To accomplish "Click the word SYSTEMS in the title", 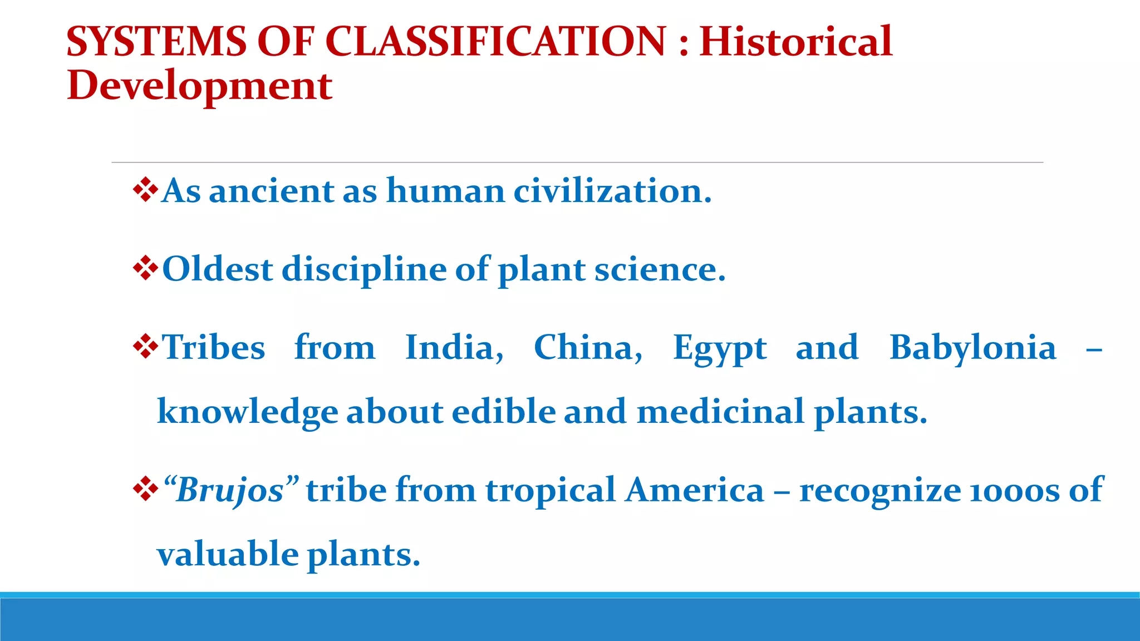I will point(156,42).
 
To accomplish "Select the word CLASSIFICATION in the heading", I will point(495,42).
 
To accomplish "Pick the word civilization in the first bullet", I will point(612,191).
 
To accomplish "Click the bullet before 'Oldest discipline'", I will point(145,269).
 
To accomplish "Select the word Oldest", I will point(218,269).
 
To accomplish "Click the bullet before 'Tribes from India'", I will point(145,347).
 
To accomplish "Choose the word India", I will point(454,348).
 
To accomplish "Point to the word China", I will point(588,348).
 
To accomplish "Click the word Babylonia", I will point(972,348).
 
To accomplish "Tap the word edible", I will point(503,412).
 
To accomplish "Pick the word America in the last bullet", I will point(694,490).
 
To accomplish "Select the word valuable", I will point(228,554).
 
